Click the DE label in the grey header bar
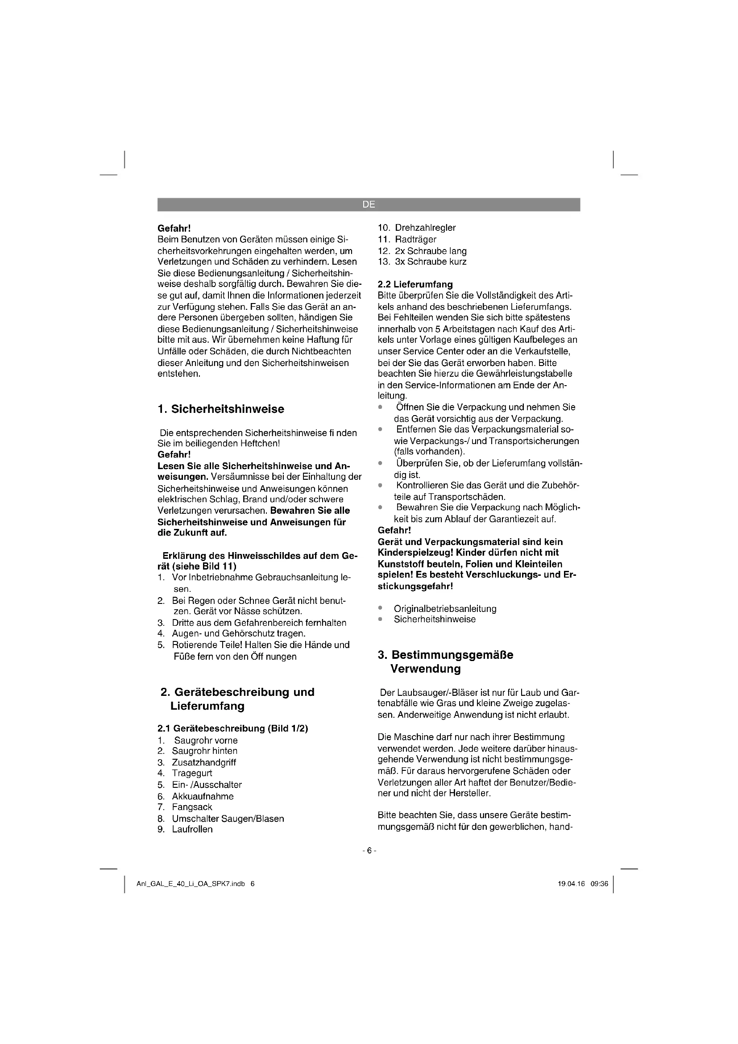click(369, 204)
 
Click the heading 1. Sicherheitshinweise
click(220, 409)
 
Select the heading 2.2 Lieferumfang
click(415, 284)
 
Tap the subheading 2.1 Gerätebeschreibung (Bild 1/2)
click(232, 728)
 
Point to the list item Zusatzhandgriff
click(203, 762)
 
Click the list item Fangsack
click(192, 807)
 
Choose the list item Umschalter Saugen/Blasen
click(228, 819)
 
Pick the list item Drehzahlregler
click(425, 228)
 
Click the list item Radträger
click(415, 239)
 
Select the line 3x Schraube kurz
click(430, 262)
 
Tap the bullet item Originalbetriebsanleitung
click(445, 608)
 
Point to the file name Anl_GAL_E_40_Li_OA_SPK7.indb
click(191, 884)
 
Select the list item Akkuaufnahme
click(203, 796)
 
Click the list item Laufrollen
click(192, 829)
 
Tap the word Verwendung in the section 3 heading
click(425, 669)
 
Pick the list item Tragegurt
click(192, 773)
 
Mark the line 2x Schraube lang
click(430, 251)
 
